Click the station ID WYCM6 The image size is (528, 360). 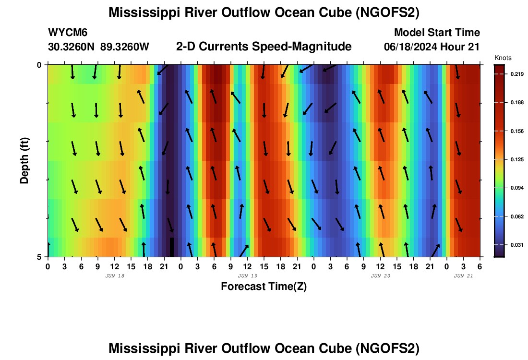(x=68, y=33)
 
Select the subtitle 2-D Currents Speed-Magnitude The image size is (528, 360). (x=264, y=47)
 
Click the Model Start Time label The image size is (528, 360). (x=437, y=33)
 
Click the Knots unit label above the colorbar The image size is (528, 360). (x=503, y=58)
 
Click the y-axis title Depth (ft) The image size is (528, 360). (x=24, y=161)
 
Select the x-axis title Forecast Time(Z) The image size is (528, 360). (x=264, y=287)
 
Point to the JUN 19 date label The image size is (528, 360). (x=248, y=276)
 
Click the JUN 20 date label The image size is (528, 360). (x=381, y=276)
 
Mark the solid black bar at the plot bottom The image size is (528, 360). (x=172, y=247)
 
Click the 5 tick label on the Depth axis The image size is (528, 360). (x=39, y=257)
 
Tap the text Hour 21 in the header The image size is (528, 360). (x=460, y=47)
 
